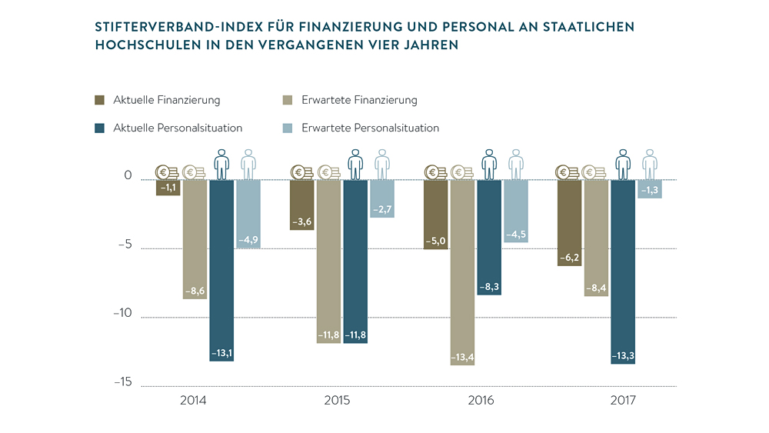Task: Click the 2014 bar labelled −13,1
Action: tap(221, 269)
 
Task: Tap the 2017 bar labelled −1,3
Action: tap(650, 188)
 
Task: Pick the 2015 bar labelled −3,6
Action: tap(301, 204)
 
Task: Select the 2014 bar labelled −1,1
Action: tap(168, 187)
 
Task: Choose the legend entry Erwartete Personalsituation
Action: tap(370, 128)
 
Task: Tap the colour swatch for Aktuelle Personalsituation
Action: tap(99, 128)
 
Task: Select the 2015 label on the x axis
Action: tap(337, 401)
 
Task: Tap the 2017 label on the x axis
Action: tap(624, 401)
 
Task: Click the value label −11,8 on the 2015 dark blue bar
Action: tap(355, 335)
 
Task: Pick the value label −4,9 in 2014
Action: tap(248, 241)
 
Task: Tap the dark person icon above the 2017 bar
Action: tap(623, 164)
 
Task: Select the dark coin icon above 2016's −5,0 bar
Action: tap(435, 172)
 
